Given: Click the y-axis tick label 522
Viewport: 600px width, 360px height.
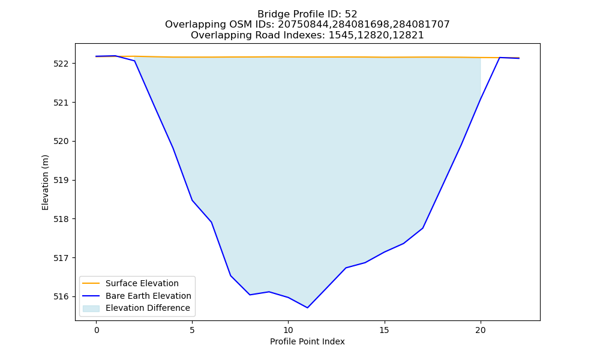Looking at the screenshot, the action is click(x=61, y=64).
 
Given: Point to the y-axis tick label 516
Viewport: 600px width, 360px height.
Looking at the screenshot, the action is click(x=61, y=297).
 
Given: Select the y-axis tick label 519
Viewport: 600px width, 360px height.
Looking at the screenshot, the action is click(x=61, y=180).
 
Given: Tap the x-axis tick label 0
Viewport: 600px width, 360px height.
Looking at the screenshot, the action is click(x=97, y=330).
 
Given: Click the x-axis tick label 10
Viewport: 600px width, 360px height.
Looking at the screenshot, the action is click(x=288, y=330).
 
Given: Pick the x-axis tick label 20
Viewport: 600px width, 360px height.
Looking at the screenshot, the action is click(x=481, y=330).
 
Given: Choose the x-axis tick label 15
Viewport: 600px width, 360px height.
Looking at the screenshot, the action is click(x=385, y=330).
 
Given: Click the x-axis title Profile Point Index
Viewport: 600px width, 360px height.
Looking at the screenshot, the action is click(x=307, y=341).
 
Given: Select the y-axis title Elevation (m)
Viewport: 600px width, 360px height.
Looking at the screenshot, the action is click(x=45, y=182).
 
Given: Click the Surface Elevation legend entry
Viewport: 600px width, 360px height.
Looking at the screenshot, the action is click(x=142, y=283).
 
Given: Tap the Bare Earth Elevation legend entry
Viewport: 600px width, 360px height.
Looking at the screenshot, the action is click(x=148, y=296).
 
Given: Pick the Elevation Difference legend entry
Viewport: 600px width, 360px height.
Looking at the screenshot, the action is click(x=148, y=308).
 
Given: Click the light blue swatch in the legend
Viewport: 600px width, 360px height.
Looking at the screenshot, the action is click(x=91, y=308).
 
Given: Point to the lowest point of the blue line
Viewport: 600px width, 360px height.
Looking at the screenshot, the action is click(x=307, y=308).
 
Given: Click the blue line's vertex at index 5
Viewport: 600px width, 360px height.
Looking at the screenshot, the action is click(x=192, y=200).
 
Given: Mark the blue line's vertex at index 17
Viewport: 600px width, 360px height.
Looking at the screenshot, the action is click(x=423, y=228).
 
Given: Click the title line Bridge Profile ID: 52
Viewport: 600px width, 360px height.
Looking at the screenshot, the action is click(x=307, y=14).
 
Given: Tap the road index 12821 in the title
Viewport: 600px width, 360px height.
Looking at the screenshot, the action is click(x=407, y=35).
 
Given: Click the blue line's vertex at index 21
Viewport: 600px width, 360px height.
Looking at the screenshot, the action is click(x=500, y=58).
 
